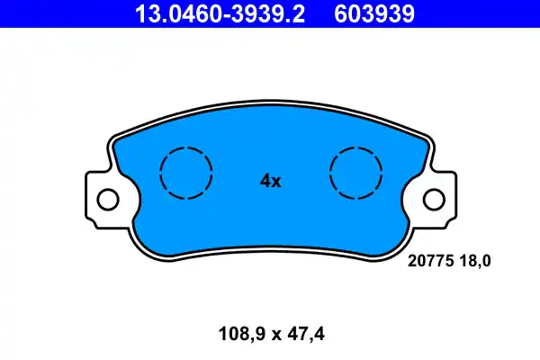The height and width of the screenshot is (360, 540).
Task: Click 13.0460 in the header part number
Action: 167,13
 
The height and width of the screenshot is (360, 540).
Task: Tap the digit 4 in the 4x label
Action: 265,181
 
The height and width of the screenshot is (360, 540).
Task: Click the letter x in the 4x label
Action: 277,182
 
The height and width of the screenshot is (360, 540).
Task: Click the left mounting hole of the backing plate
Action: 107,198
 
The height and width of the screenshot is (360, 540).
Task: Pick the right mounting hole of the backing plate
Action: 434,198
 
